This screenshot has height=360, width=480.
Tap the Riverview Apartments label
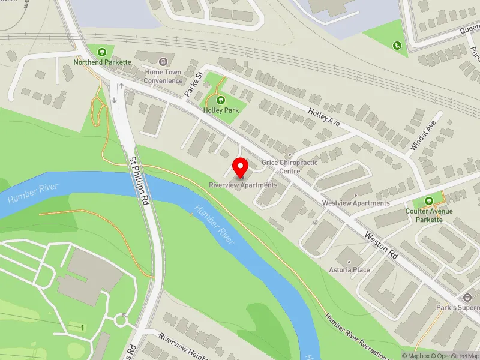(x=243, y=185)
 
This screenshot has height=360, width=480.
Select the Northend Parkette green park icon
(x=102, y=52)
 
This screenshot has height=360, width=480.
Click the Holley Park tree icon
(x=220, y=100)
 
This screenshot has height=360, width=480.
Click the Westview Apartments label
(x=356, y=203)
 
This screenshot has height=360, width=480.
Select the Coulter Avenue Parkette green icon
(x=428, y=201)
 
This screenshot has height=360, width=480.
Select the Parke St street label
(x=191, y=80)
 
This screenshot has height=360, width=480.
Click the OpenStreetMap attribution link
(x=456, y=356)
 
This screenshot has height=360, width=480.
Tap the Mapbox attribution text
(x=415, y=356)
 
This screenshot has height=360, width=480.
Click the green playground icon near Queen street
(x=397, y=45)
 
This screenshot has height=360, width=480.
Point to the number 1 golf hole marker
(x=82, y=327)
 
